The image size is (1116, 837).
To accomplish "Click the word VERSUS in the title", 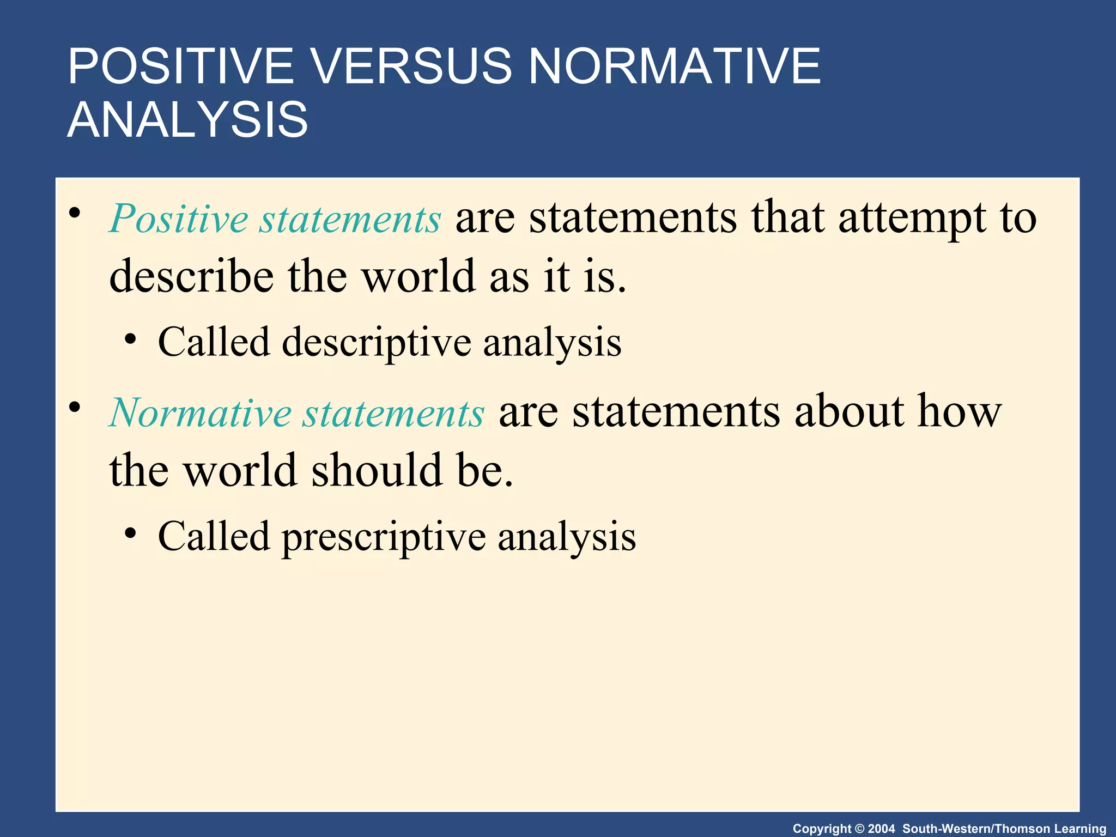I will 411,66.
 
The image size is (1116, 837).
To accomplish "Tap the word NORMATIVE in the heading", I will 674,66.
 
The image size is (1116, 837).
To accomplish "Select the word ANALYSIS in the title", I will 187,120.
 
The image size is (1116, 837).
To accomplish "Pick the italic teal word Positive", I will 179,219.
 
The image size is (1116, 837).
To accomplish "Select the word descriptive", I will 377,343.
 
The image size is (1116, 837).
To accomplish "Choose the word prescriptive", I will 384,537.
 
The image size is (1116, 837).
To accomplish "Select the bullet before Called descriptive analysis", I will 130,339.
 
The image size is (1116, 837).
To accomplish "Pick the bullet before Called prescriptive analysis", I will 130,533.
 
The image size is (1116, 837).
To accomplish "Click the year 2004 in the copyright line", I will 881,829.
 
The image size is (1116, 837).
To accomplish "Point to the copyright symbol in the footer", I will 860,829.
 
